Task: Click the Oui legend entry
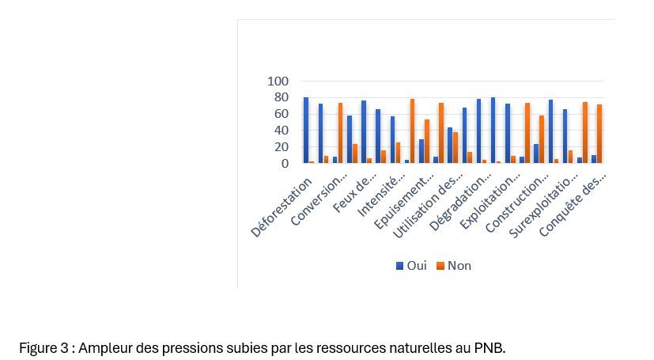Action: (411, 266)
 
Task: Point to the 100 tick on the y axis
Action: (278, 81)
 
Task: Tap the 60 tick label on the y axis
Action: (282, 114)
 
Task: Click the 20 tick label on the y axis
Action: (282, 147)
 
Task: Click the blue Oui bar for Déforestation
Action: (306, 131)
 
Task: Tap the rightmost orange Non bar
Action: (599, 134)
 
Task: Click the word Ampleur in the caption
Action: (104, 348)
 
